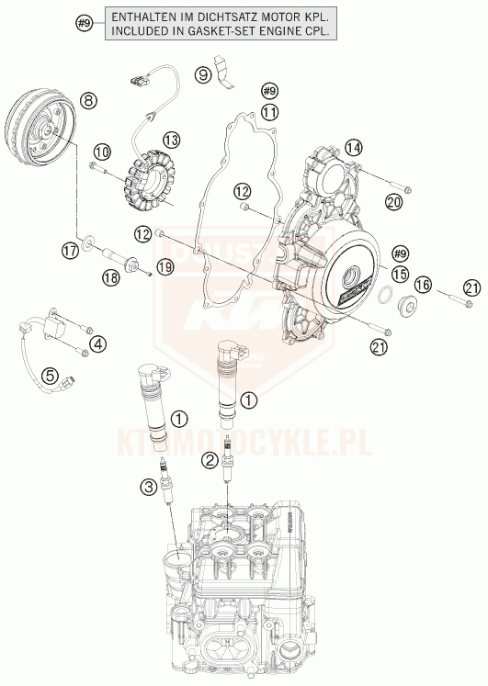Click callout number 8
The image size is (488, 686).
point(88,100)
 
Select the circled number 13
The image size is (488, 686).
point(172,140)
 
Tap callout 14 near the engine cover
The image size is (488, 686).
point(354,146)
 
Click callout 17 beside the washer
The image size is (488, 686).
point(69,250)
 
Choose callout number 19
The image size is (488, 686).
point(165,267)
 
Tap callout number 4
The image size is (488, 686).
point(98,344)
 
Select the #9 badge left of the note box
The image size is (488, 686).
point(84,23)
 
